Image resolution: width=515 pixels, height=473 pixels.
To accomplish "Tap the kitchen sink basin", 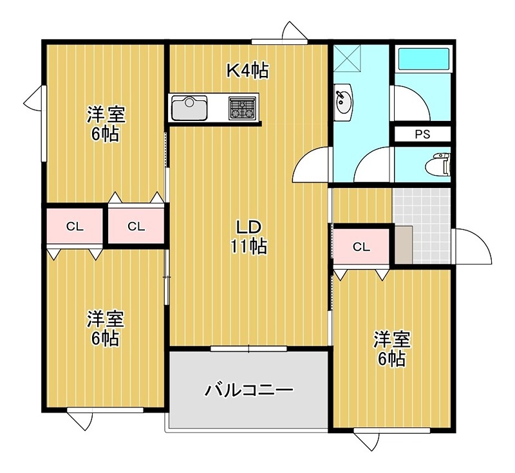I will tap(189, 107).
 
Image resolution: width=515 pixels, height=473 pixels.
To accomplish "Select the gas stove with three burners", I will tap(242, 107).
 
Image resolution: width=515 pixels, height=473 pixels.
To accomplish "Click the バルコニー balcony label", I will tap(249, 390).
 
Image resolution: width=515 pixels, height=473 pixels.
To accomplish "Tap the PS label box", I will tap(422, 135).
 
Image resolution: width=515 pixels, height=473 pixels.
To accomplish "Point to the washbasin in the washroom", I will tap(343, 102).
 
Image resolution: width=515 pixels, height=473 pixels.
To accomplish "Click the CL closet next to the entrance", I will tap(361, 246).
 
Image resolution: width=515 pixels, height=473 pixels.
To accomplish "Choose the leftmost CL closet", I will tap(75, 226).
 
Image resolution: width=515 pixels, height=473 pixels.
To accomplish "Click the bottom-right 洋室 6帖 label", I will tap(392, 348).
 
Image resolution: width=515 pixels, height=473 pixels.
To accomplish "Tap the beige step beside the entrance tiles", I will tap(404, 245).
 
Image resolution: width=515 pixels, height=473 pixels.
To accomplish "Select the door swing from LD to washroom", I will tap(312, 166).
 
